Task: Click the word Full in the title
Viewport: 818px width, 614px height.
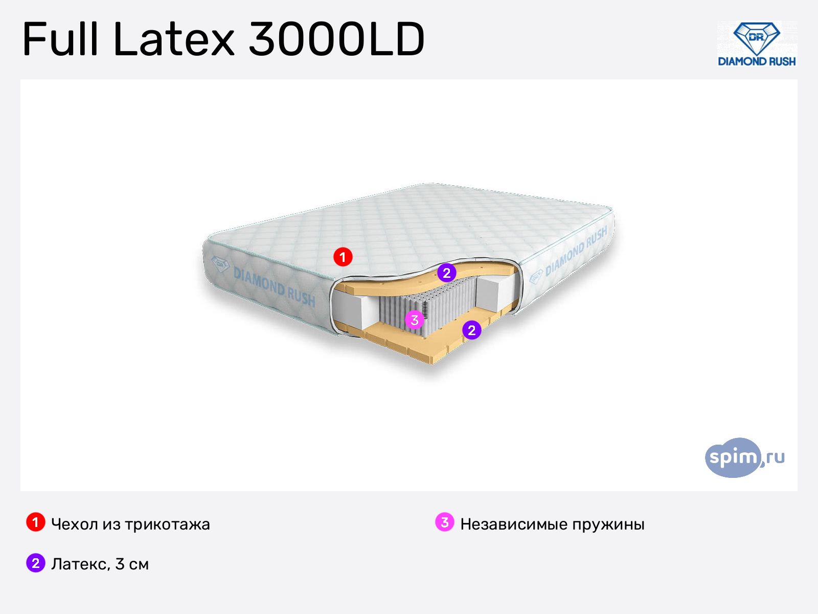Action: coord(60,39)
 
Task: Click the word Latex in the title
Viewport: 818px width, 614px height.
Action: coord(174,39)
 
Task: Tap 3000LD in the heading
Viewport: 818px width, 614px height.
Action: coord(337,39)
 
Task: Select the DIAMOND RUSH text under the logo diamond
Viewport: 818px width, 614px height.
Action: coord(757,61)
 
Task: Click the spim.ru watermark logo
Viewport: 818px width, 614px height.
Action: coord(744,457)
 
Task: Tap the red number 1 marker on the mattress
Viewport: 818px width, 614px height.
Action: coord(343,257)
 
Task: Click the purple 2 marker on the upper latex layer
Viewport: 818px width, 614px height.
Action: coord(446,273)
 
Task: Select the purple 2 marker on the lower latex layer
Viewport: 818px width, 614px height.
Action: coord(471,330)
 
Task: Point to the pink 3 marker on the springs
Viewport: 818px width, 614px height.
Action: coord(415,319)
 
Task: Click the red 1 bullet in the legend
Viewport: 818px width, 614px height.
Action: coord(36,522)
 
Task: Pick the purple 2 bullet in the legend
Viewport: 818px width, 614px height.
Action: coord(36,563)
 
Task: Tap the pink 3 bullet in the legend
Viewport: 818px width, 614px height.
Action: coord(445,522)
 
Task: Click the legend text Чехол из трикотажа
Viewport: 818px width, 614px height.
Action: coord(130,524)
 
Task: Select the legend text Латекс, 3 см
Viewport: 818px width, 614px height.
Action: coord(100,564)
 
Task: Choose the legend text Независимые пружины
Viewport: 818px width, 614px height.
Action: coord(552,524)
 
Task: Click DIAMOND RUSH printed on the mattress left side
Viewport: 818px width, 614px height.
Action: coord(274,287)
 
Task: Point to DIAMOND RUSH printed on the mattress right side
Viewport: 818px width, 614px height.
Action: coord(576,251)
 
